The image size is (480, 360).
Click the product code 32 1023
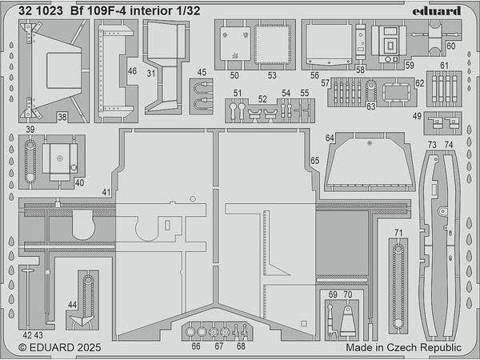pos(38,10)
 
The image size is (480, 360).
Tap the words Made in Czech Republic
pos(403,349)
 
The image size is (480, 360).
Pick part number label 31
pos(150,73)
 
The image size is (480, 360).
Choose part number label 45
pos(202,73)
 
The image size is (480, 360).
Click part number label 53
pos(271,75)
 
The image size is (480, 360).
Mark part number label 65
pos(314,161)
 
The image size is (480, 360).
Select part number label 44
pos(73,304)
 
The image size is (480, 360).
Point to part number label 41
pos(106,193)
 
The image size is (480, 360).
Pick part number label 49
pos(417,116)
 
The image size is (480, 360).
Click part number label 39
pos(29,129)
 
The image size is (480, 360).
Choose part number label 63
pos(370,106)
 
